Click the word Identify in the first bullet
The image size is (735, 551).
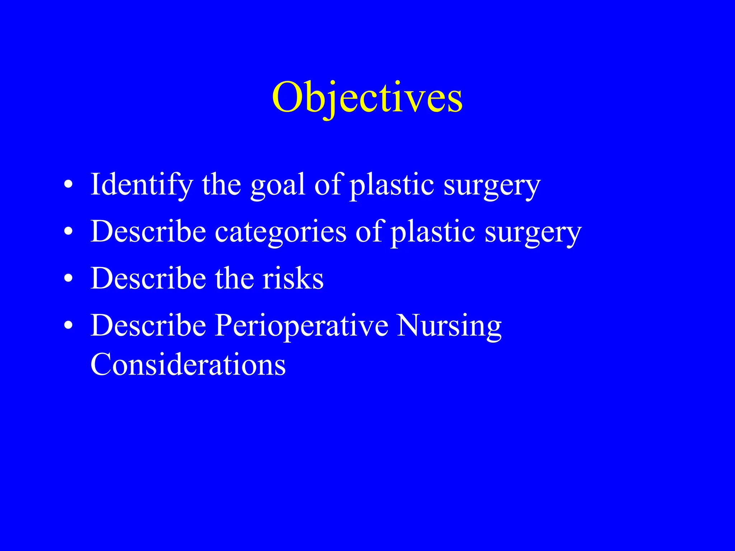141,184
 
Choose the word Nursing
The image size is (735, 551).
449,326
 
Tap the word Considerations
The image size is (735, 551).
188,364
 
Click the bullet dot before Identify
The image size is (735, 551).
68,185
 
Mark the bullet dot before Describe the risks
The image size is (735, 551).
68,279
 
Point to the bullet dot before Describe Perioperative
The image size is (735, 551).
68,326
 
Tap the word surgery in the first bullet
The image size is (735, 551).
492,186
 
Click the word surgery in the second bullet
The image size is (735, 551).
533,233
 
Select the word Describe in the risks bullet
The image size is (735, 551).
148,278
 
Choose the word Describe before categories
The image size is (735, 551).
148,231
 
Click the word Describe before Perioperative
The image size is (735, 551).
148,325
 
